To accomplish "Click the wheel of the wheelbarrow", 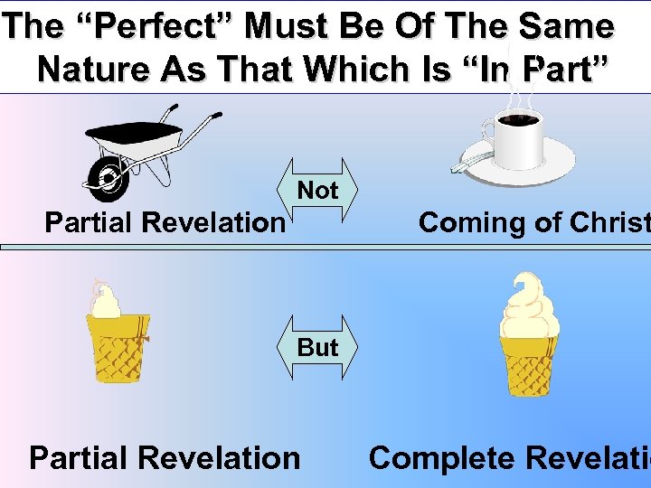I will [108, 177].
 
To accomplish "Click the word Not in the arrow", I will [318, 191].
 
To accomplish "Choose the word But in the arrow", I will [318, 347].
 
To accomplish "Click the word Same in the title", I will [564, 27].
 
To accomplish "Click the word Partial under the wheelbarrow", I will [93, 222].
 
